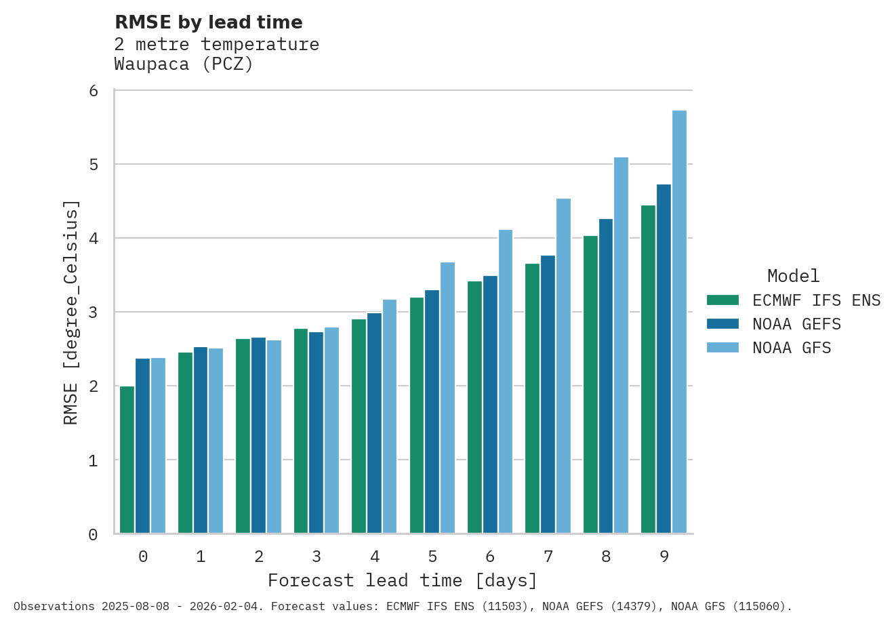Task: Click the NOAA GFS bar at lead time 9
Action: click(679, 322)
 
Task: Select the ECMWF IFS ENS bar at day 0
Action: click(127, 460)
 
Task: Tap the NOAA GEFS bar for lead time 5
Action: click(432, 411)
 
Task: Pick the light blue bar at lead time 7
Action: click(563, 366)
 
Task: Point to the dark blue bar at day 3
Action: click(316, 432)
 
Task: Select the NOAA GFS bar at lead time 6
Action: click(506, 382)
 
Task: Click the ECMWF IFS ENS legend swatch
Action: click(722, 300)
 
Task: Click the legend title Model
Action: click(793, 276)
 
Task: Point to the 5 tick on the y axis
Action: click(94, 165)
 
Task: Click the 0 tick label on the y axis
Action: click(94, 535)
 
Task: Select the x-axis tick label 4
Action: click(375, 557)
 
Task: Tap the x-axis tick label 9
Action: click(664, 557)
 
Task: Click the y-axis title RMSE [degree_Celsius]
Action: click(70, 312)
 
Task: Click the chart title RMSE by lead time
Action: click(209, 22)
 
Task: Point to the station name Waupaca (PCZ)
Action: click(184, 64)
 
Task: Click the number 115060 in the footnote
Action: click(764, 606)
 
